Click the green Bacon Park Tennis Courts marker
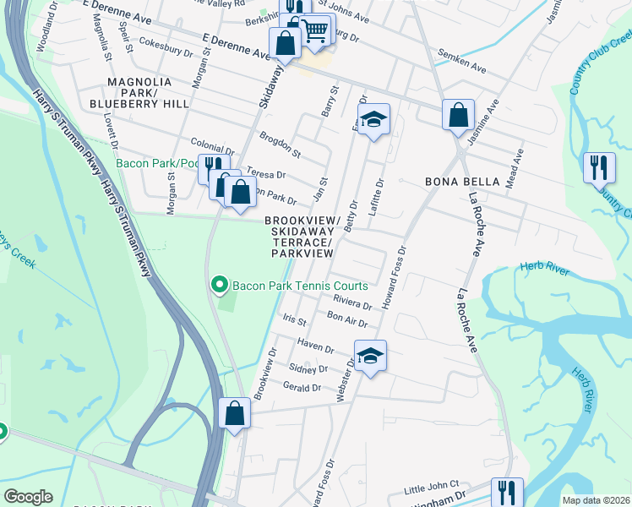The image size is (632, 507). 220,286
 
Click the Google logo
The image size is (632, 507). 27,497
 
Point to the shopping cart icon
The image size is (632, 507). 315,31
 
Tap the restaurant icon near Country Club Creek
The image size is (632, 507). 599,166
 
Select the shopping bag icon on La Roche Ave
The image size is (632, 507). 457,114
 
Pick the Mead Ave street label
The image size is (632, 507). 515,167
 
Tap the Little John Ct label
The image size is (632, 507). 431,488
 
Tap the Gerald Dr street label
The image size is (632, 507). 305,387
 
